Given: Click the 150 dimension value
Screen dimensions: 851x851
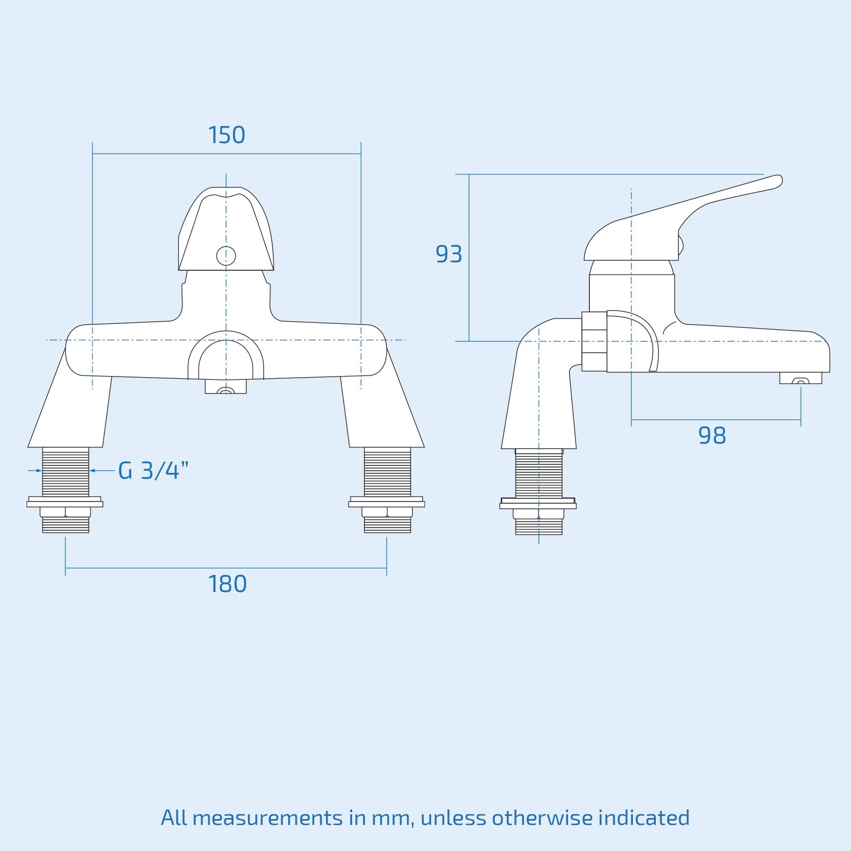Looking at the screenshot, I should [x=227, y=135].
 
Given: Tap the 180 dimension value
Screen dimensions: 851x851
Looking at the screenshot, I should [x=227, y=584].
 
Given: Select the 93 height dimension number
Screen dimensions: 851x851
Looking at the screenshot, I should [x=448, y=254].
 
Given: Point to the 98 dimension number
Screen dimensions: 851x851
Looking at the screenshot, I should [x=712, y=436].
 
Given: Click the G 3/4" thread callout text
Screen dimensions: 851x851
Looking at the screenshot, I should [x=153, y=471].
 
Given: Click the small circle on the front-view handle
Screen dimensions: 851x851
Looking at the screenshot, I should [x=226, y=256].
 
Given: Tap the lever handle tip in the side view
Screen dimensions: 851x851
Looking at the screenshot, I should [x=776, y=181].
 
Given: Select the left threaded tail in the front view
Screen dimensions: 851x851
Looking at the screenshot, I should [x=65, y=472].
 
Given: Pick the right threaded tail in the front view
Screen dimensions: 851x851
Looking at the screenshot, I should [x=387, y=472].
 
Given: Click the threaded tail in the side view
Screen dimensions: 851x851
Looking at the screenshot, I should [x=539, y=473].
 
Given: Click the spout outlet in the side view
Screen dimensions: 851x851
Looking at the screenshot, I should [x=800, y=378].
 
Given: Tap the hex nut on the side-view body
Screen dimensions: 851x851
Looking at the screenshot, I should [x=594, y=341].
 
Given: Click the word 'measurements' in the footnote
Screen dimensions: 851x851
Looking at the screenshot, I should [x=268, y=817].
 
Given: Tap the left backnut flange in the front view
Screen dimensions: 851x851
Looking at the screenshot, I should [x=65, y=502].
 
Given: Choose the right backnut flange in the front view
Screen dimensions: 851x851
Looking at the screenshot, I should [x=387, y=502].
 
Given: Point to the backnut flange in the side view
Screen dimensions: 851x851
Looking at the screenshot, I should [x=538, y=504].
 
